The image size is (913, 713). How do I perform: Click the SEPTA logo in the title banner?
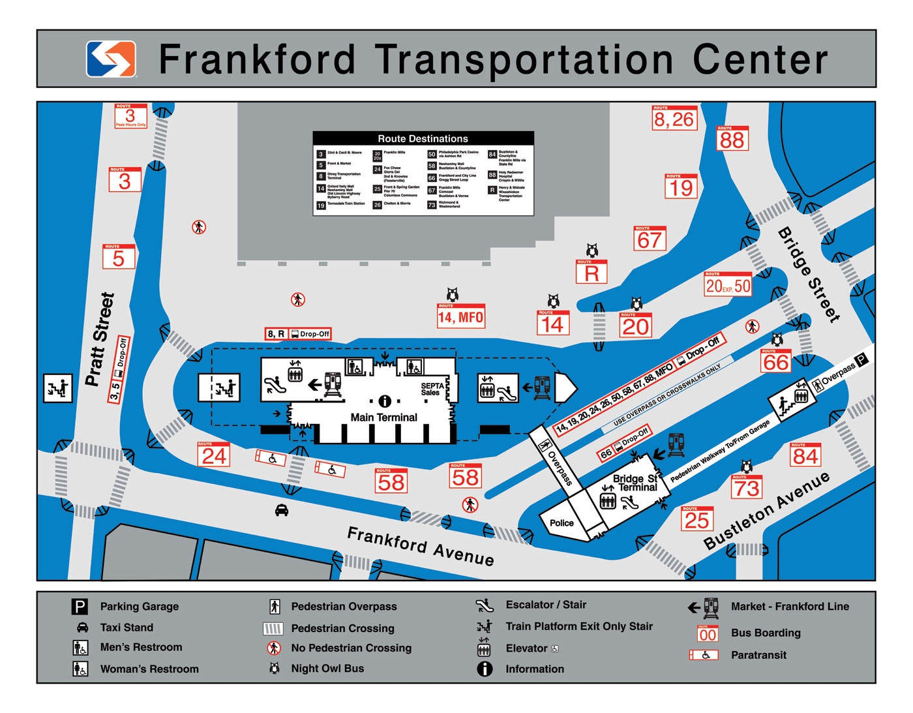(x=111, y=59)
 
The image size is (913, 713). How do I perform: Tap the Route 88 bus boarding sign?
(x=732, y=138)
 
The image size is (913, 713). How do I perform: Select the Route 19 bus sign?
(x=681, y=187)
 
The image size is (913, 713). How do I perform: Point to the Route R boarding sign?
(x=591, y=272)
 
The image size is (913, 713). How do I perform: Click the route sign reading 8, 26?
(x=674, y=118)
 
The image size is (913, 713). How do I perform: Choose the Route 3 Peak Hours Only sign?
(x=130, y=116)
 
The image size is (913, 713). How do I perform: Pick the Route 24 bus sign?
(x=214, y=455)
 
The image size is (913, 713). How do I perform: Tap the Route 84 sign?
(x=805, y=455)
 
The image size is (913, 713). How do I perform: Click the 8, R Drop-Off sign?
(x=298, y=334)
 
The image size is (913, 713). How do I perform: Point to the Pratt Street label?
(x=100, y=339)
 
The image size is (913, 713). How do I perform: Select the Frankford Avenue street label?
(x=420, y=546)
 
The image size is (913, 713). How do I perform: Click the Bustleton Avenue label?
(x=766, y=511)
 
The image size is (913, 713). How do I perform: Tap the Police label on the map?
(x=561, y=523)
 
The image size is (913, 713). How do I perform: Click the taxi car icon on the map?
(x=282, y=510)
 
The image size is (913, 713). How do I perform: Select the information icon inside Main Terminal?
(x=385, y=401)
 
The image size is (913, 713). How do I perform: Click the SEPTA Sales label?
(x=432, y=389)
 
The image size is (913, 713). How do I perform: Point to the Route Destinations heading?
(x=423, y=138)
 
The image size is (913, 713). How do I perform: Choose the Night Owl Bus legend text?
(x=327, y=669)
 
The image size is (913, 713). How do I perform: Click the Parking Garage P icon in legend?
(x=79, y=607)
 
